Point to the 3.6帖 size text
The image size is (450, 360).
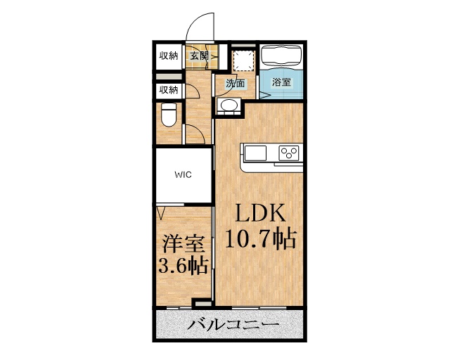point(182,266)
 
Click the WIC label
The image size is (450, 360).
point(184,175)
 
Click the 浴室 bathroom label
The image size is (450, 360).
point(281,83)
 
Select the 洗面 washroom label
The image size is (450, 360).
point(236,84)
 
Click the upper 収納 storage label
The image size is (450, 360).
point(168,56)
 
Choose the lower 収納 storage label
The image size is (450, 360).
point(168,89)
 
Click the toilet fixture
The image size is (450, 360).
point(168,114)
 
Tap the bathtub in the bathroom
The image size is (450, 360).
point(281,56)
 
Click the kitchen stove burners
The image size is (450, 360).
point(288,153)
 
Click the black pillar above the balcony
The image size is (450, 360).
point(202,303)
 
